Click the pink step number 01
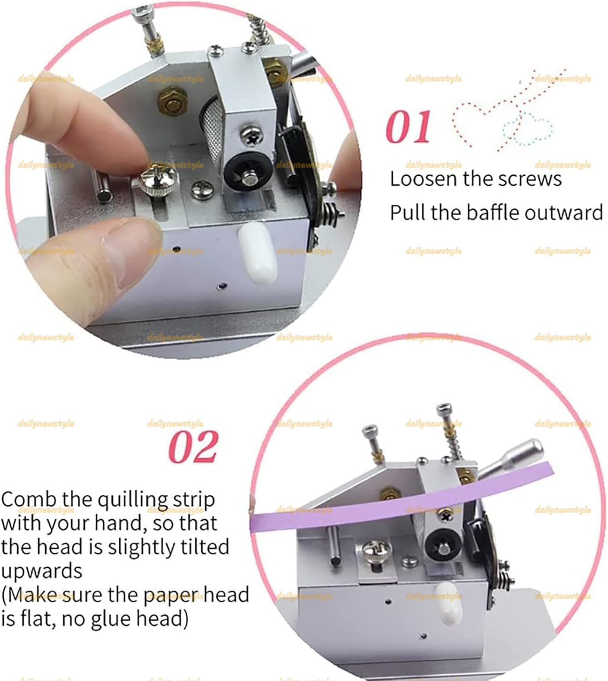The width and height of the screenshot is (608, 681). coord(408,127)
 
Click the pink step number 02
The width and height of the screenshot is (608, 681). coord(194,447)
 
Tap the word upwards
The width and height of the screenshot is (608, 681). coord(42,571)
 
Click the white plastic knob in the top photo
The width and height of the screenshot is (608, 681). coord(258,252)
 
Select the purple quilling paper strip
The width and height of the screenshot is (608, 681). coord(401,497)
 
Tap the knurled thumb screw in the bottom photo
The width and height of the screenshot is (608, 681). coord(376,550)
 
